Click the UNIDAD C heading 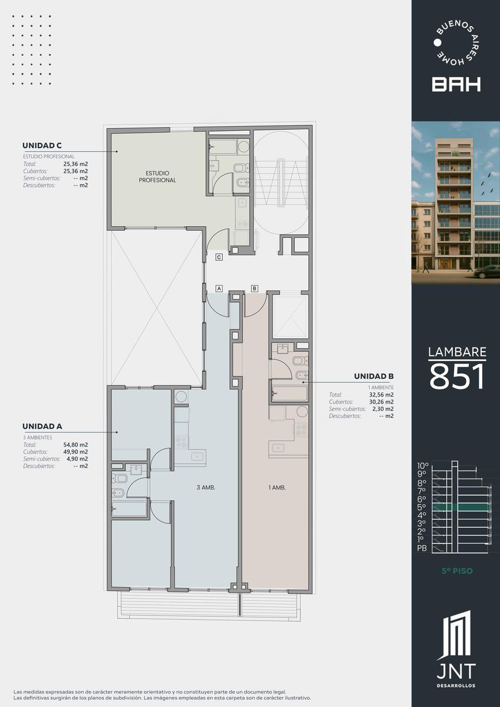[x=42, y=146]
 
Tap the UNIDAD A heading [x=42, y=427]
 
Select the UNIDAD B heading [x=374, y=376]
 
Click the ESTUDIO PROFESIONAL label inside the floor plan [x=157, y=177]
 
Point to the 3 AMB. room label [x=206, y=487]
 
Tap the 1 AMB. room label [x=277, y=488]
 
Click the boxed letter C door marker [x=219, y=257]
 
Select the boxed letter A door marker [x=219, y=289]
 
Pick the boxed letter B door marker [x=255, y=289]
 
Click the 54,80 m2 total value [x=75, y=445]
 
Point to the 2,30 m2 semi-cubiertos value [x=383, y=409]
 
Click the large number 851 [x=457, y=376]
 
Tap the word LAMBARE [x=457, y=352]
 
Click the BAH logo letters [x=456, y=84]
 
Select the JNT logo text [x=456, y=671]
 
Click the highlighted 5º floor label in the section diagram [x=422, y=507]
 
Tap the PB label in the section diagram [x=422, y=549]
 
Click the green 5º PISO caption [x=457, y=571]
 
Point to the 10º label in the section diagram [x=423, y=466]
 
